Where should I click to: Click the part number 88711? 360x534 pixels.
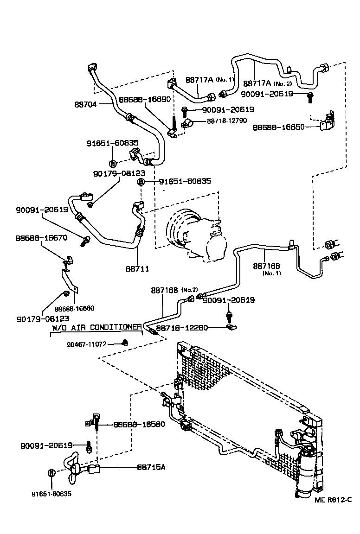coord(137,269)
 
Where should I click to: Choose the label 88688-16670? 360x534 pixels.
coord(41,238)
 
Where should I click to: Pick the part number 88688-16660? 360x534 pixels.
coord(74,308)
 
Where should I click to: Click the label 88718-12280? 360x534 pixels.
coord(182,328)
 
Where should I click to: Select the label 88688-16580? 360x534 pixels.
coord(139,424)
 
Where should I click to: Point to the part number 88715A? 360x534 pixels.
coord(151,467)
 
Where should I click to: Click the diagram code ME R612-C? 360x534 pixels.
coord(333,500)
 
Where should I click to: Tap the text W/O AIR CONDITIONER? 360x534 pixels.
coord(96,327)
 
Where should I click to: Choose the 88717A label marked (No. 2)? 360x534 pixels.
coord(267,83)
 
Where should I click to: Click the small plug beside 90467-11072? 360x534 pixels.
coord(124,343)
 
